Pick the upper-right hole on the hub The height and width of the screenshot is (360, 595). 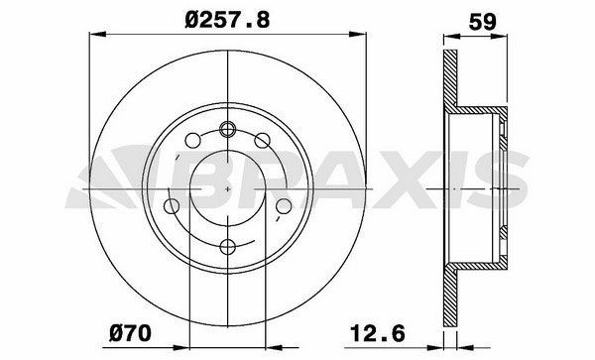(x=263, y=141)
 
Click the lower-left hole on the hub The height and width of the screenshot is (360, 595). (x=173, y=207)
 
